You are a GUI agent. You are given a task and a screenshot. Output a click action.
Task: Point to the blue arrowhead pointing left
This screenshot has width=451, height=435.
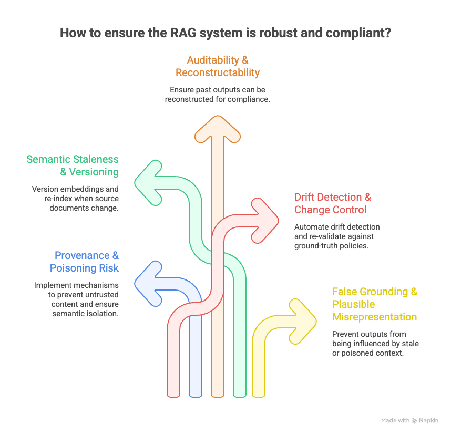click(148, 284)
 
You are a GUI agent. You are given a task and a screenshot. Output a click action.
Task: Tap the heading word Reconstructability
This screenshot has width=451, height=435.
click(218, 72)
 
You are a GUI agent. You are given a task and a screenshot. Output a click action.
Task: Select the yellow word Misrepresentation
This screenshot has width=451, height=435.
click(375, 317)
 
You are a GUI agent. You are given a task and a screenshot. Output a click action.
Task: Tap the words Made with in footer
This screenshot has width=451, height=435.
click(395, 420)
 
